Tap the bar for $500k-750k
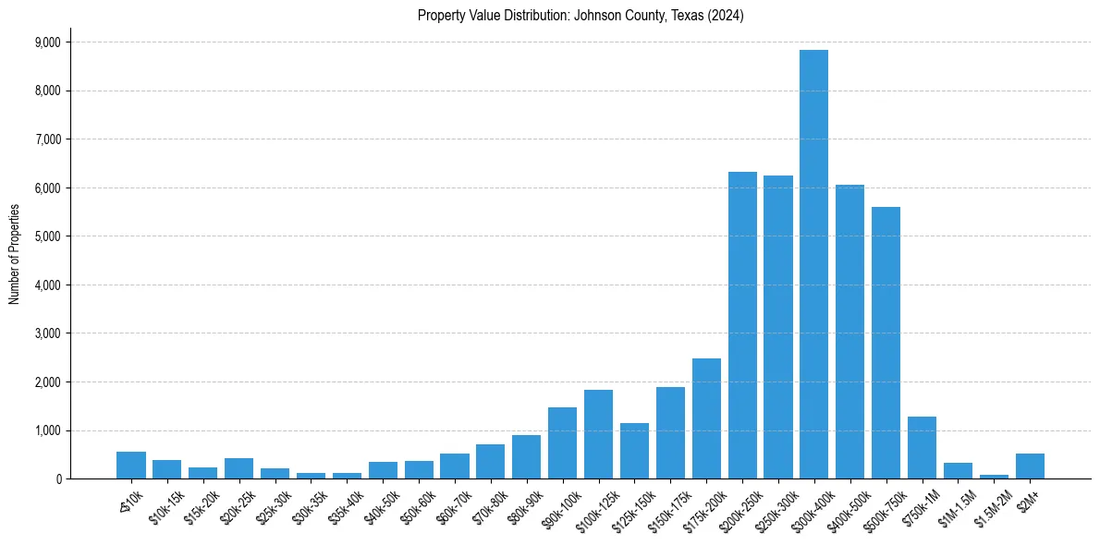pos(886,343)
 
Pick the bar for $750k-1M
pos(922,448)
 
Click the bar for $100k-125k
pos(598,434)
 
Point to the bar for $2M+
pos(1030,466)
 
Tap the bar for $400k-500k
pos(849,332)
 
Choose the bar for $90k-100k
pos(562,443)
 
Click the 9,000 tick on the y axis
pos(47,42)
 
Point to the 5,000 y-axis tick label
pos(47,236)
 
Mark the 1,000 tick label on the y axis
pos(47,430)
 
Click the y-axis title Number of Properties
pos(14,253)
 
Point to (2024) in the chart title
pos(726,16)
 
